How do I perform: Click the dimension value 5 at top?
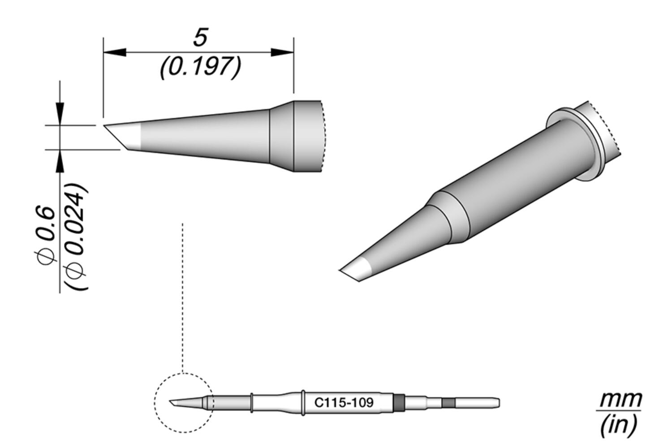[x=200, y=38]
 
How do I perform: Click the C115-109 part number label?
[x=344, y=402]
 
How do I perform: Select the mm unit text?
[x=620, y=399]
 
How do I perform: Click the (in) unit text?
[x=619, y=425]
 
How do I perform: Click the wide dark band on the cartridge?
[x=399, y=402]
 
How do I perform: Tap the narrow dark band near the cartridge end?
[x=448, y=403]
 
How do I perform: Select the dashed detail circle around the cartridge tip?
[x=155, y=403]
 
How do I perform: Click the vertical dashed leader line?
[x=183, y=296]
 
